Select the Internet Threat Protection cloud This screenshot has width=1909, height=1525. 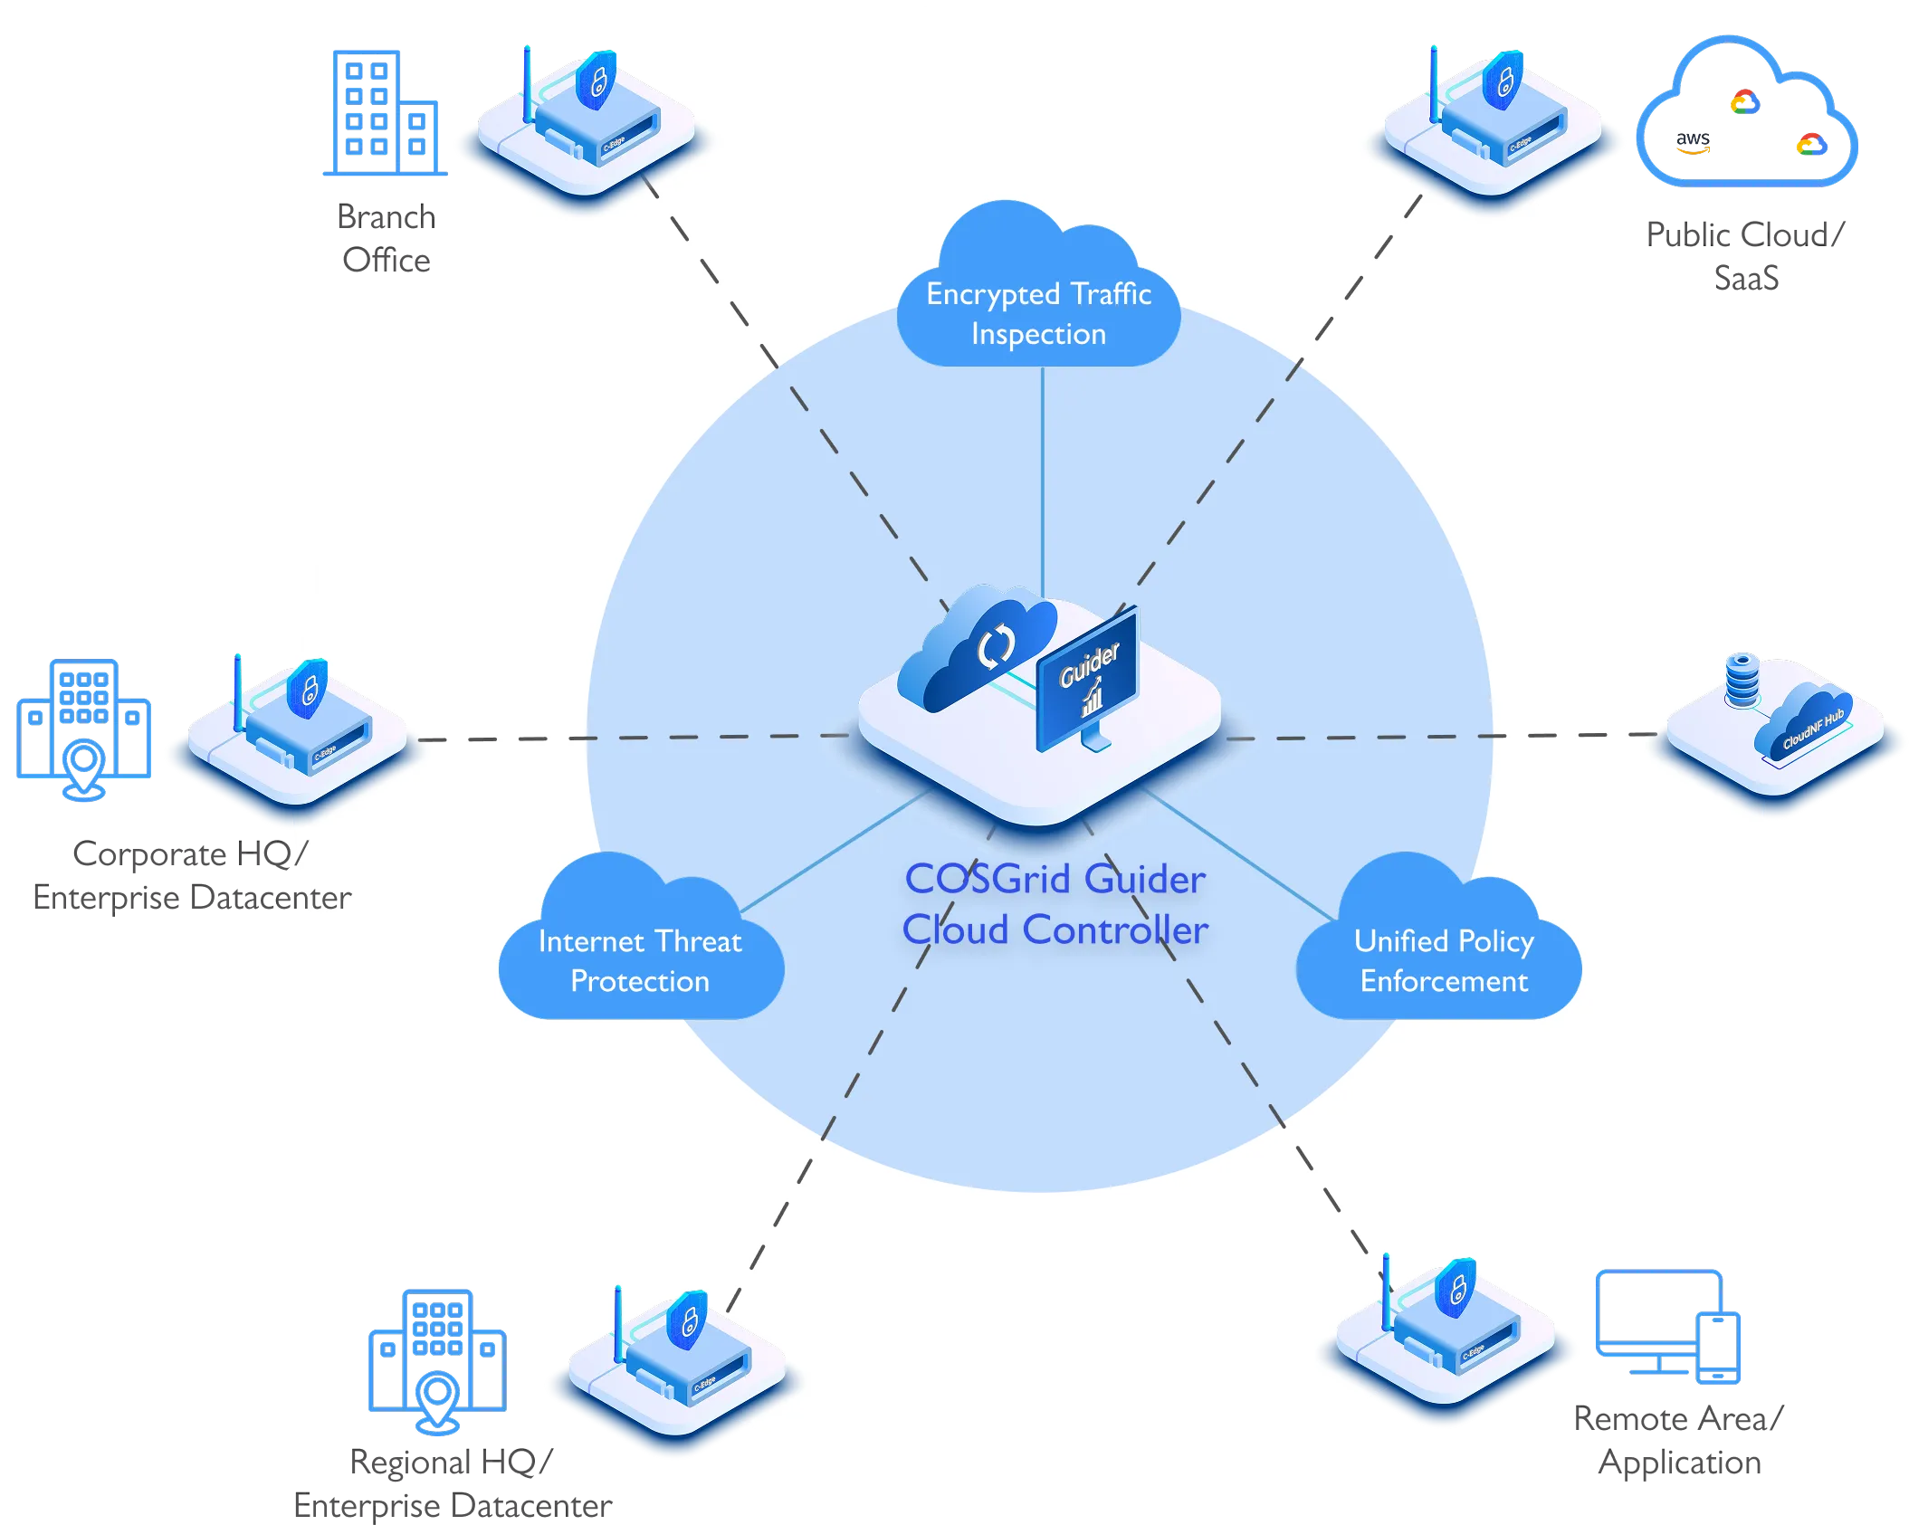[640, 959]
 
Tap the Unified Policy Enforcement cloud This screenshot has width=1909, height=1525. [1443, 959]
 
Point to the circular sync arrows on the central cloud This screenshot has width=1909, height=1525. [996, 645]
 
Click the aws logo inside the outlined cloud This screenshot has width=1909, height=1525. [1692, 142]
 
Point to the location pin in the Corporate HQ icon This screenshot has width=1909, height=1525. [84, 766]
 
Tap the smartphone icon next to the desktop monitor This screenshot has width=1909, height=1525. [1718, 1349]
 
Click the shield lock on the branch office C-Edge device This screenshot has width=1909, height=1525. [597, 81]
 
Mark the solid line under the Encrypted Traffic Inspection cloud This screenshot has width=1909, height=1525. [1043, 480]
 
